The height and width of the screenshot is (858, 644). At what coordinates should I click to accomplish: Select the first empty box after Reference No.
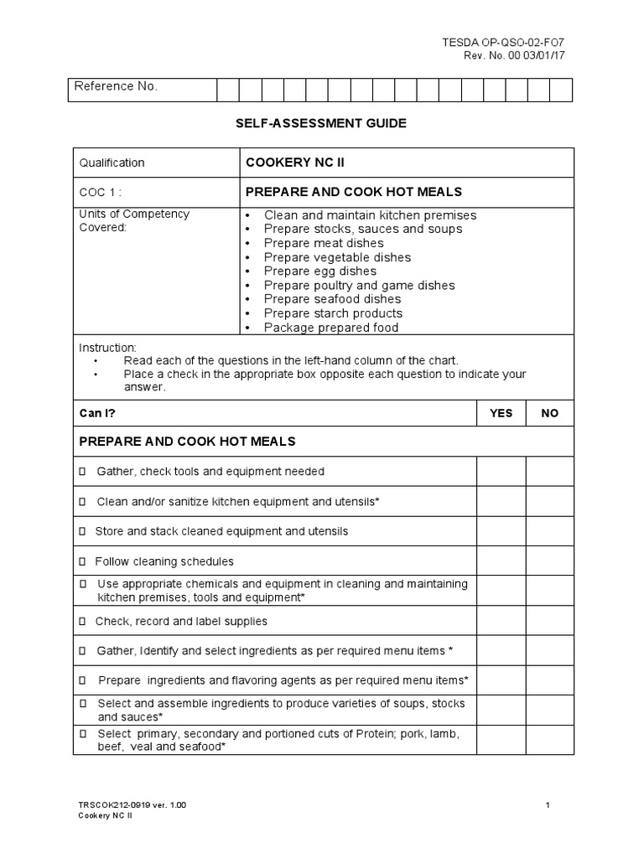pyautogui.click(x=228, y=90)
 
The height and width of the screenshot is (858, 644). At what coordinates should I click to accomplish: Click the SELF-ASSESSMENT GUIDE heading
pyautogui.click(x=321, y=123)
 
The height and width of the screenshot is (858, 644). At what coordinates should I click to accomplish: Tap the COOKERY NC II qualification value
pyautogui.click(x=294, y=162)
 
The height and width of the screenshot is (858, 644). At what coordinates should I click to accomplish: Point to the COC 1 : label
pyautogui.click(x=101, y=192)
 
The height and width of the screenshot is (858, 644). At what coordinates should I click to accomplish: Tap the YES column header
pyautogui.click(x=501, y=413)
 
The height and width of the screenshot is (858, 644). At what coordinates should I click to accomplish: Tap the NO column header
pyautogui.click(x=550, y=413)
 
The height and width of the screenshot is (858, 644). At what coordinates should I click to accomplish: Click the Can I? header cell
pyautogui.click(x=96, y=413)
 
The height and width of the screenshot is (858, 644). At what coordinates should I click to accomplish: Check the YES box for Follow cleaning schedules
pyautogui.click(x=501, y=561)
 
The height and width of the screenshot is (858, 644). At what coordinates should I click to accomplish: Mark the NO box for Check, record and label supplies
pyautogui.click(x=550, y=621)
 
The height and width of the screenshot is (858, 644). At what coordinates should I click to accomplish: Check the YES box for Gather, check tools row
pyautogui.click(x=501, y=471)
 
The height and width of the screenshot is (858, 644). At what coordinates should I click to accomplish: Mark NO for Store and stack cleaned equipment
pyautogui.click(x=550, y=531)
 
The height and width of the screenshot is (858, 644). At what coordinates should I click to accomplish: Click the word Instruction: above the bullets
pyautogui.click(x=107, y=347)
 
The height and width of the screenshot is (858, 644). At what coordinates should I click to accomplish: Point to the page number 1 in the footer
pyautogui.click(x=547, y=805)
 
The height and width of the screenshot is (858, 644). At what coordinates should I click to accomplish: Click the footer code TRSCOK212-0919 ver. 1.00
pyautogui.click(x=132, y=805)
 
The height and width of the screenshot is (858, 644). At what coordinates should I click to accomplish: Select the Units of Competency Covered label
pyautogui.click(x=133, y=220)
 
